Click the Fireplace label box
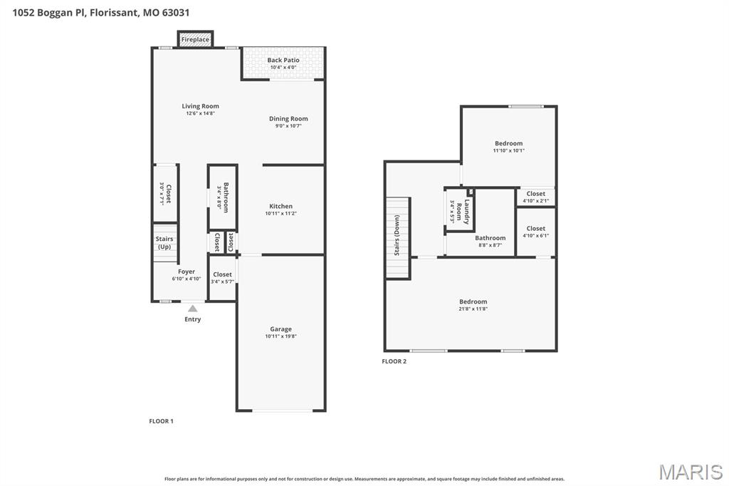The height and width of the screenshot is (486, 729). tap(195, 40)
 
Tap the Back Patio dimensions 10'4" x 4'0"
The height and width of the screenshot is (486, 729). tap(283, 68)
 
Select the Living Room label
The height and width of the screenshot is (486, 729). tap(200, 106)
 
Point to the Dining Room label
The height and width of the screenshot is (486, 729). tap(288, 119)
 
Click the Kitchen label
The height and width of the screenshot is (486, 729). tap(280, 207)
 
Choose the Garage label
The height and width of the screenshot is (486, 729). tap(280, 329)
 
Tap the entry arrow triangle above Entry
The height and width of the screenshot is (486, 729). tap(192, 308)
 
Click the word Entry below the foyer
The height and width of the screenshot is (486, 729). tap(192, 319)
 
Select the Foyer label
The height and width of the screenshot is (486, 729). tap(186, 272)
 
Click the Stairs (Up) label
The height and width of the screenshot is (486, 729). tap(164, 243)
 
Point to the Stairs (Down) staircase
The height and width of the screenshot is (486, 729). tap(398, 237)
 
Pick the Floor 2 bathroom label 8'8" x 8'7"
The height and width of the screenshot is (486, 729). tap(490, 239)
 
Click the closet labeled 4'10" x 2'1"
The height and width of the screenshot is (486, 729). tap(535, 195)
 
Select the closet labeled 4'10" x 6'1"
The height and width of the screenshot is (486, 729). tap(535, 229)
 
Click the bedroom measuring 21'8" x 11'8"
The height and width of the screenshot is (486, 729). tap(473, 302)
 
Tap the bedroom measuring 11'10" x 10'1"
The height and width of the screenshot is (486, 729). tap(508, 144)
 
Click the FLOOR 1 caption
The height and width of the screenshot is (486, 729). tap(161, 421)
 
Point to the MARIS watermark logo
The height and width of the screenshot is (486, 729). tap(690, 472)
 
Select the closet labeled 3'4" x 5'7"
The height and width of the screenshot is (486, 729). tap(222, 275)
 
